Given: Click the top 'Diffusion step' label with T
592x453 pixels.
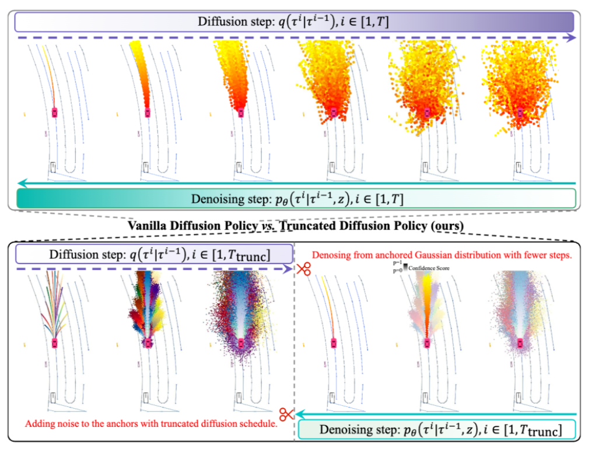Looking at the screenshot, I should click(x=295, y=22).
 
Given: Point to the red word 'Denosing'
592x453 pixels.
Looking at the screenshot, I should click(x=333, y=255).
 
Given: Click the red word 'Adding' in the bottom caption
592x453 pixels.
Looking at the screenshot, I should click(x=40, y=423).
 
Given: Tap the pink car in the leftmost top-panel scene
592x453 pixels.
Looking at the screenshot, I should click(x=55, y=112).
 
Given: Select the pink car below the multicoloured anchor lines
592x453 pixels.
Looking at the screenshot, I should click(x=55, y=342).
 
